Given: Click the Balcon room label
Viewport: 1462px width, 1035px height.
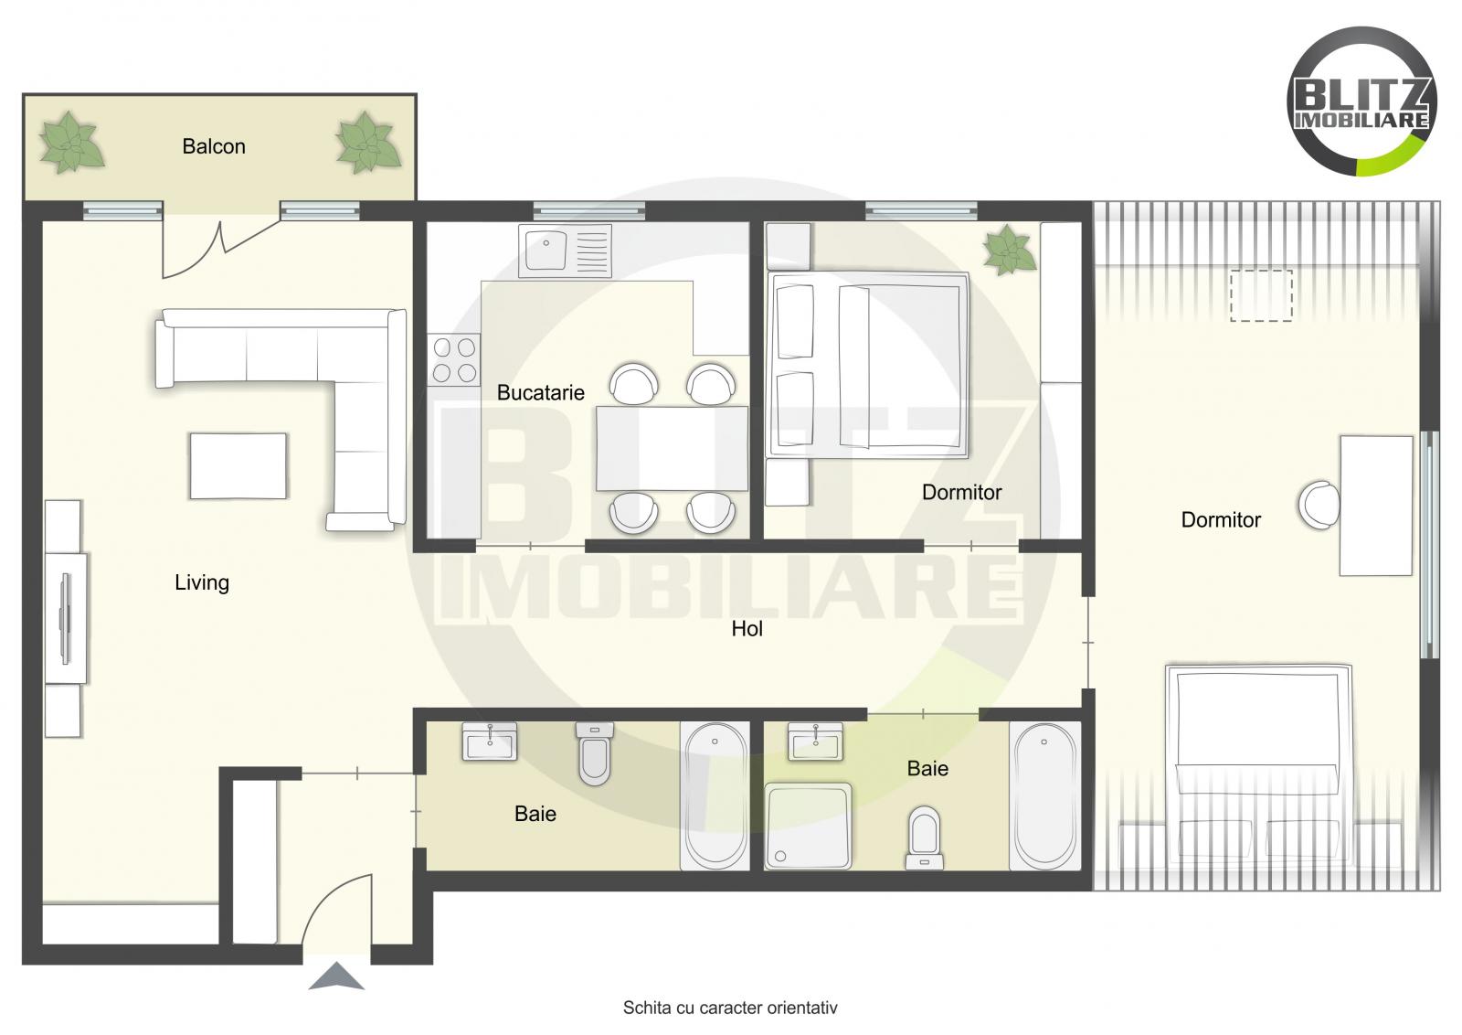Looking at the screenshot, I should click(x=214, y=146).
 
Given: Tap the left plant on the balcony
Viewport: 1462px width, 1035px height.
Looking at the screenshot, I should click(x=69, y=144).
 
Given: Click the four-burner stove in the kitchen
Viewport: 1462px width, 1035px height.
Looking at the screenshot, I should click(x=455, y=359).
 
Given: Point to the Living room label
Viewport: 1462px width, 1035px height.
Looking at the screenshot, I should click(x=202, y=582).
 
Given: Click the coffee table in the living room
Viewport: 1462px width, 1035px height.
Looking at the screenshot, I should click(x=238, y=465).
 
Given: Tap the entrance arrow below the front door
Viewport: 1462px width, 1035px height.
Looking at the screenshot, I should click(x=336, y=976).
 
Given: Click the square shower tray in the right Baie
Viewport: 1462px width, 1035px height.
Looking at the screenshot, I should click(x=808, y=825).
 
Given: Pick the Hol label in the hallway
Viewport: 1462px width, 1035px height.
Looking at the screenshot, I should click(x=747, y=629).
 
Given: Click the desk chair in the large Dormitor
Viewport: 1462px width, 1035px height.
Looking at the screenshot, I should click(x=1319, y=505).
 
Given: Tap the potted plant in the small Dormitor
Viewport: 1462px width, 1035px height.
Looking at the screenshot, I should click(x=1009, y=249).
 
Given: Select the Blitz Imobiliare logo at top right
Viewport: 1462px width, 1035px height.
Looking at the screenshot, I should click(x=1361, y=101).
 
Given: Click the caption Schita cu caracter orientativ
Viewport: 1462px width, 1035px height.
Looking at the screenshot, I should click(x=730, y=1008).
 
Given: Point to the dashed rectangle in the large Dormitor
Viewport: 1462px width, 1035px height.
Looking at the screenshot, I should click(x=1261, y=294).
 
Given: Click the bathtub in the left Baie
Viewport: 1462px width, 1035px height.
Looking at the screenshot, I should click(x=715, y=795).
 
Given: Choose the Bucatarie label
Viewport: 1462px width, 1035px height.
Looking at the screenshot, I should click(x=540, y=393).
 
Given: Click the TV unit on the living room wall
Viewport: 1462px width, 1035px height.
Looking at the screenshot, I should click(x=66, y=617).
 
